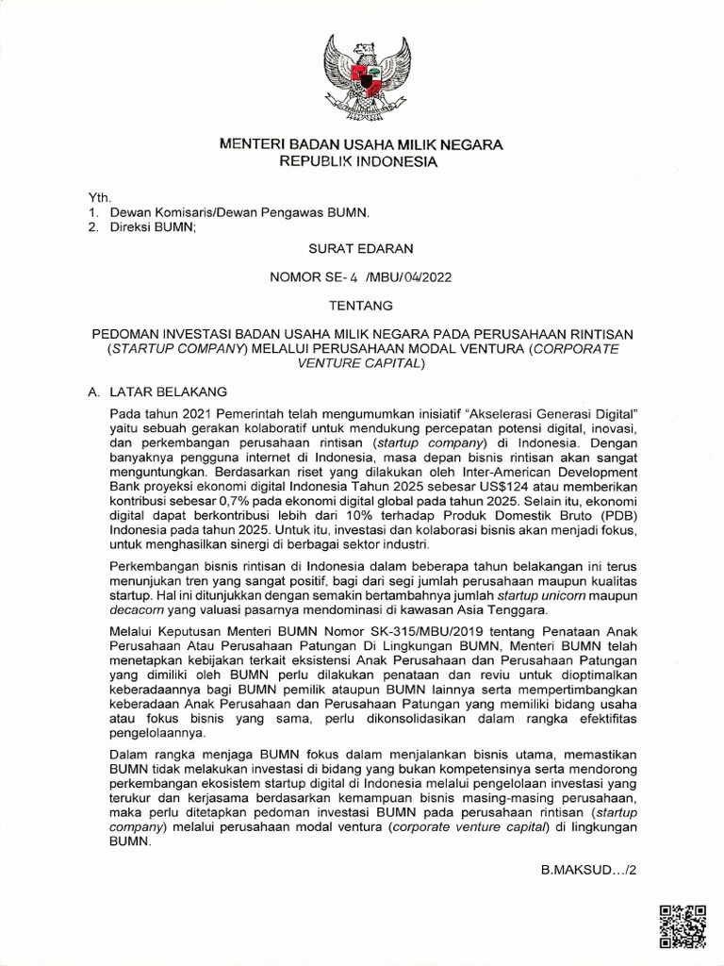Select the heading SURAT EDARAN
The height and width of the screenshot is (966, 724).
(x=362, y=249)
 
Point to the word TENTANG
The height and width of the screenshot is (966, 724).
(x=362, y=305)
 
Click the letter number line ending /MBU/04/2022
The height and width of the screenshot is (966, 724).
(x=362, y=277)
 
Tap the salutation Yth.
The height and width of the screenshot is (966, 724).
(x=99, y=198)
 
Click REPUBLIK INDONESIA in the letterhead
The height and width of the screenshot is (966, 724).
(x=362, y=161)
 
